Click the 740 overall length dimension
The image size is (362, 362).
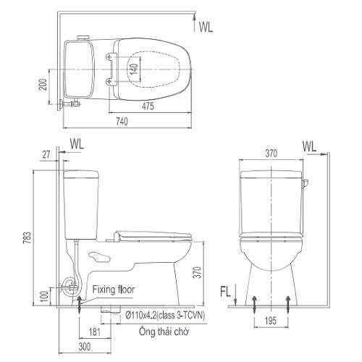(122, 121)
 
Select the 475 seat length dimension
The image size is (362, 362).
(148, 106)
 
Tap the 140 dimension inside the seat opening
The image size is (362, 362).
(134, 69)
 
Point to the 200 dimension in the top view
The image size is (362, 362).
(43, 84)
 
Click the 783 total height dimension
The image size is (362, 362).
(28, 237)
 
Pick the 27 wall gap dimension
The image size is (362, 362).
(46, 154)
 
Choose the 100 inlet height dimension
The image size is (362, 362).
(44, 298)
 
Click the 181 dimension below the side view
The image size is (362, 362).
(95, 332)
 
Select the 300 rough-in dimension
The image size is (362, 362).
(85, 347)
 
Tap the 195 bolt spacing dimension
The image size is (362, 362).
(271, 321)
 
